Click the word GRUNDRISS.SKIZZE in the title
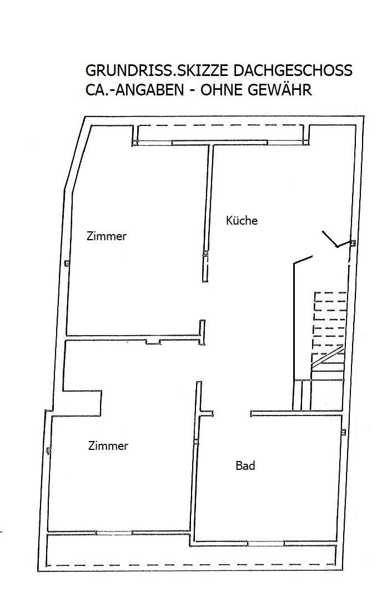click(x=145, y=71)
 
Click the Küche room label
click(x=242, y=220)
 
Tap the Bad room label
click(x=245, y=466)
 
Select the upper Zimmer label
click(x=107, y=236)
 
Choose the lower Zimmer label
click(x=108, y=445)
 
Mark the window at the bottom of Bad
click(x=265, y=542)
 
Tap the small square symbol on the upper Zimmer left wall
click(x=67, y=264)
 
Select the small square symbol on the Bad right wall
click(x=344, y=432)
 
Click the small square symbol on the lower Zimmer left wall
click(x=49, y=450)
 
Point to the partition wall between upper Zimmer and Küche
click(x=209, y=211)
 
